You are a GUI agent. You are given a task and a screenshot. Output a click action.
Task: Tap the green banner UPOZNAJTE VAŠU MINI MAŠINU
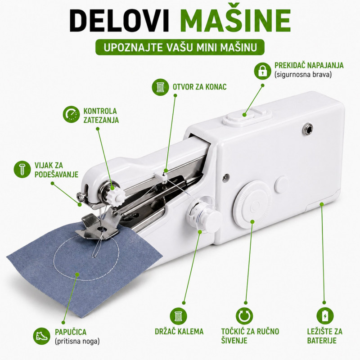pyautogui.click(x=180, y=48)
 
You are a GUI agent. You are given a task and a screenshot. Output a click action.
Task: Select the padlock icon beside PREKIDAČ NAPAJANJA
pyautogui.click(x=262, y=71)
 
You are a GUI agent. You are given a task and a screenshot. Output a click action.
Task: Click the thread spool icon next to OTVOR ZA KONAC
pyautogui.click(x=161, y=86)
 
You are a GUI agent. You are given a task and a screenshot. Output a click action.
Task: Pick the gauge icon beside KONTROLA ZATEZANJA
pyautogui.click(x=71, y=114)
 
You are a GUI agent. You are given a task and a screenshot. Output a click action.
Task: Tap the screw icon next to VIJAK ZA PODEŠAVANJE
pyautogui.click(x=22, y=170)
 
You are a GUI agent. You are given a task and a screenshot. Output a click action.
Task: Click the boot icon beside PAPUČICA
pyautogui.click(x=41, y=336)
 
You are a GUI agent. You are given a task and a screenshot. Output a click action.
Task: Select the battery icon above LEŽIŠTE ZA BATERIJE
pyautogui.click(x=325, y=316)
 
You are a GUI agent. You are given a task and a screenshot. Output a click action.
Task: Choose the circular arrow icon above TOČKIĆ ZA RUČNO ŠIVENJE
pyautogui.click(x=244, y=316)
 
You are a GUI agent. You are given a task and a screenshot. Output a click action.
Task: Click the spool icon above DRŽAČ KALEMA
pyautogui.click(x=178, y=316)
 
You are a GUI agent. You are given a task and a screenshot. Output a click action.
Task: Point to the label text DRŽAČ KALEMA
pyautogui.click(x=179, y=331)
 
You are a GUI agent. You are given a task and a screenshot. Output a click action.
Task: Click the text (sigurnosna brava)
pyautogui.click(x=303, y=75)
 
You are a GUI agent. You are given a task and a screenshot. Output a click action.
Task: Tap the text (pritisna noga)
pyautogui.click(x=77, y=341)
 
